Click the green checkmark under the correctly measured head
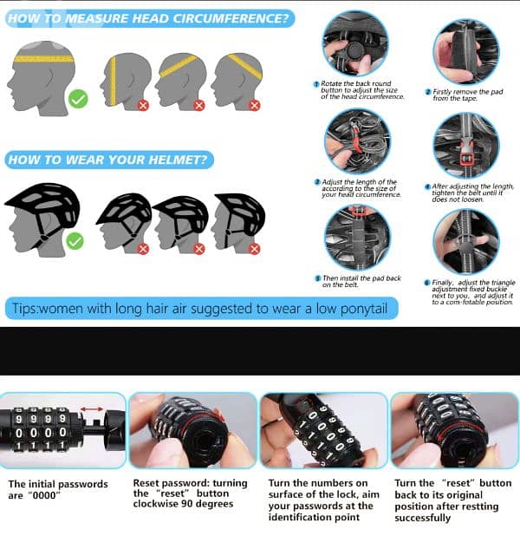pyautogui.click(x=78, y=99)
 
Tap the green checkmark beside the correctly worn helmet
pyautogui.click(x=75, y=240)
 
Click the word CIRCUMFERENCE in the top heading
pyautogui.click(x=223, y=17)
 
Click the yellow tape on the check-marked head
pyautogui.click(x=43, y=59)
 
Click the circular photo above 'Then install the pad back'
pyautogui.click(x=356, y=237)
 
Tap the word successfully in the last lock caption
pyautogui.click(x=422, y=518)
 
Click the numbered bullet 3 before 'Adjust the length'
pyautogui.click(x=317, y=182)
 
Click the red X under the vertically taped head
pyautogui.click(x=143, y=105)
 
